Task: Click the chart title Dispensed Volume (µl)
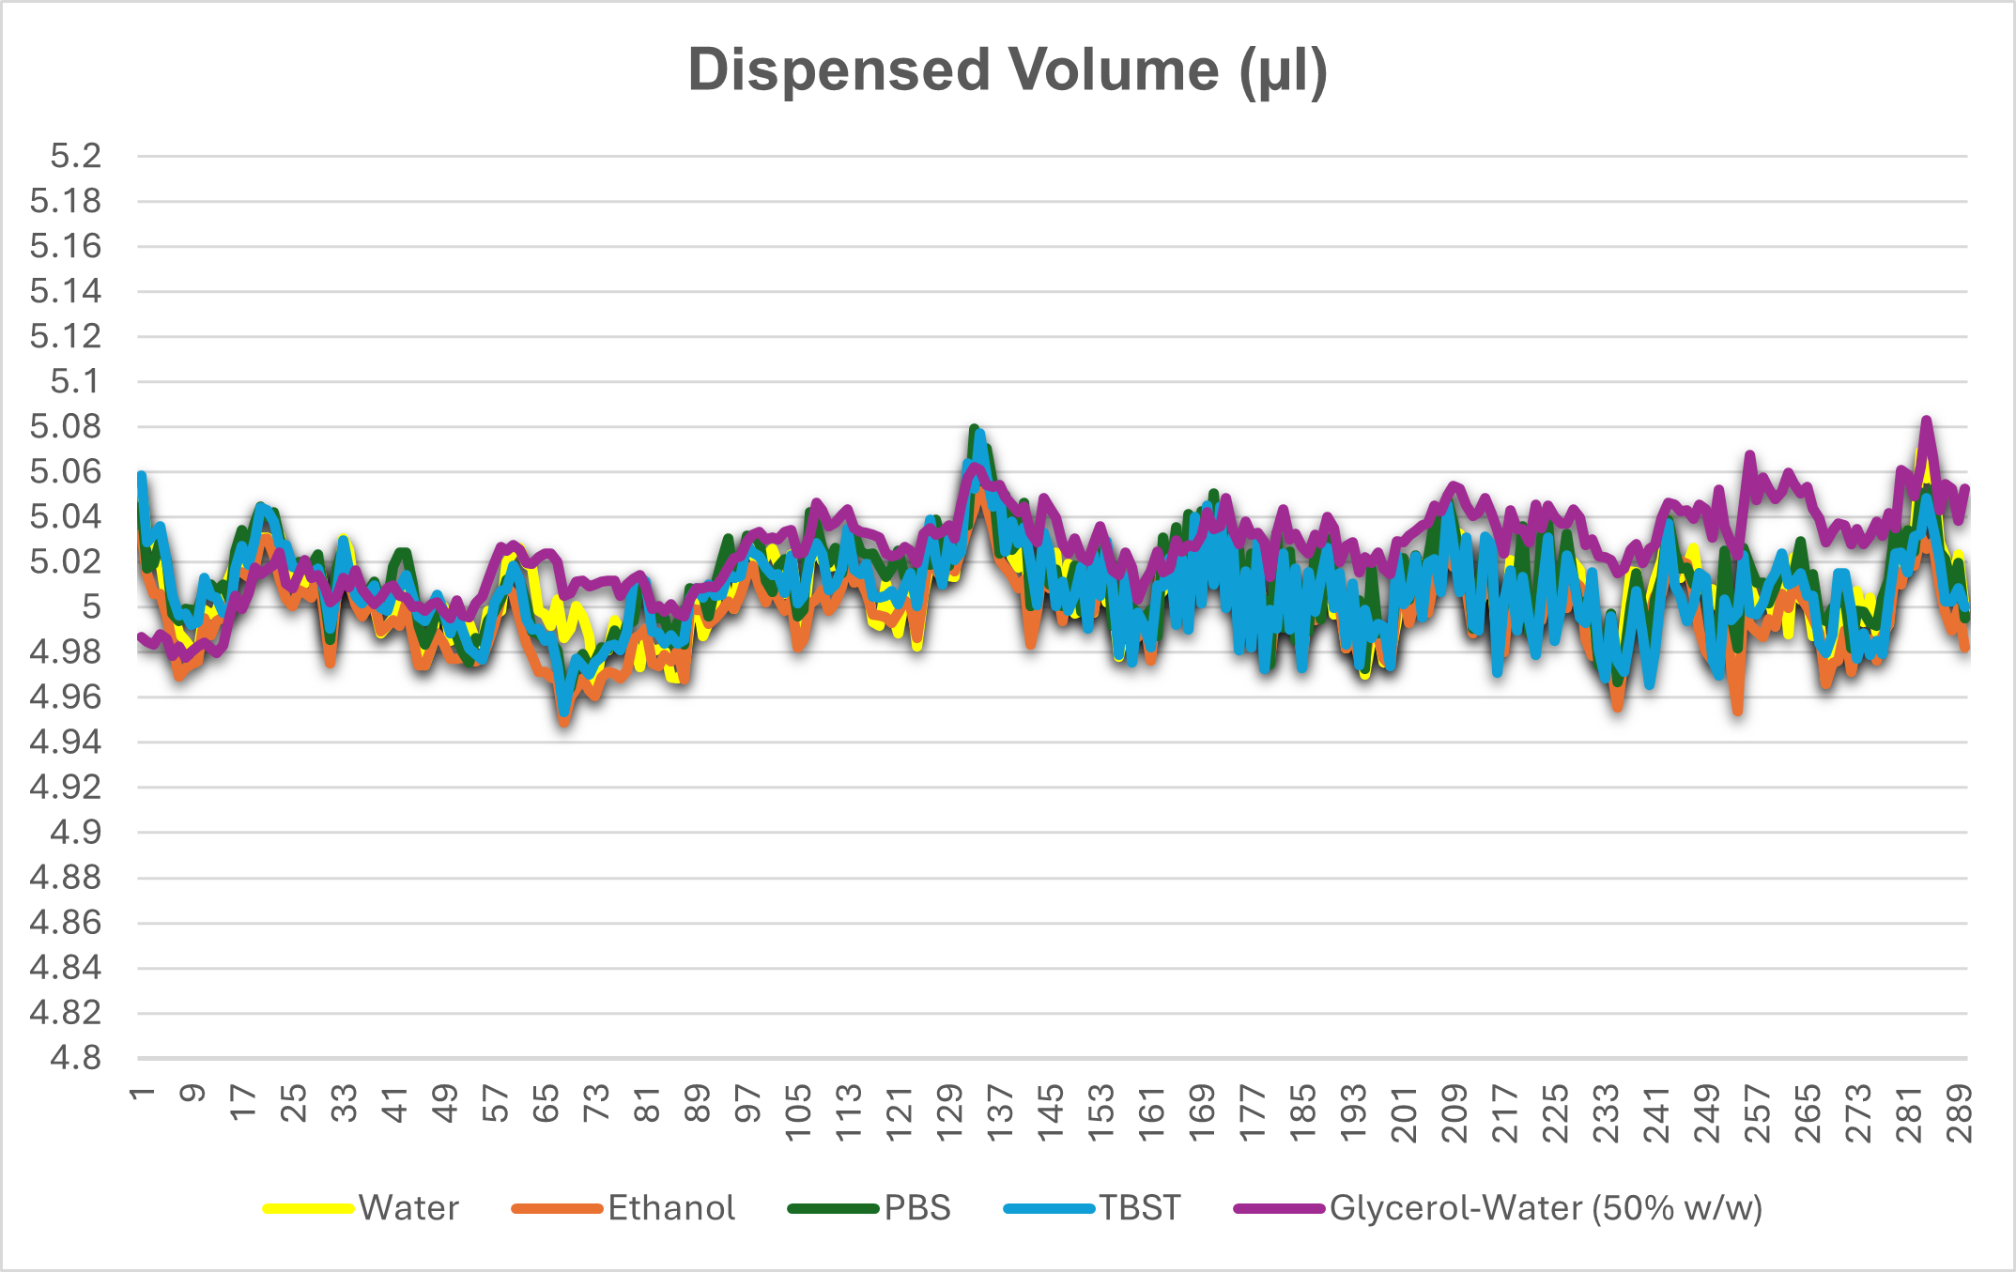[1008, 70]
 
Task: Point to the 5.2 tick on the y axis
[75, 156]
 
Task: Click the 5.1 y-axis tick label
[75, 381]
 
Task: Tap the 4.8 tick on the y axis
[75, 1058]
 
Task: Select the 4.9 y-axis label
[75, 833]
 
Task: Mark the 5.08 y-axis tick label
[66, 426]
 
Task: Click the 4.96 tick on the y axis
[66, 697]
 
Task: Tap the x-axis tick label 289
[1960, 1113]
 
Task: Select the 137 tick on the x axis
[1000, 1113]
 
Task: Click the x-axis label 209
[1454, 1113]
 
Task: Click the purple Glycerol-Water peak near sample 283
[1926, 421]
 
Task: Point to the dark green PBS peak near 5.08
[974, 429]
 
